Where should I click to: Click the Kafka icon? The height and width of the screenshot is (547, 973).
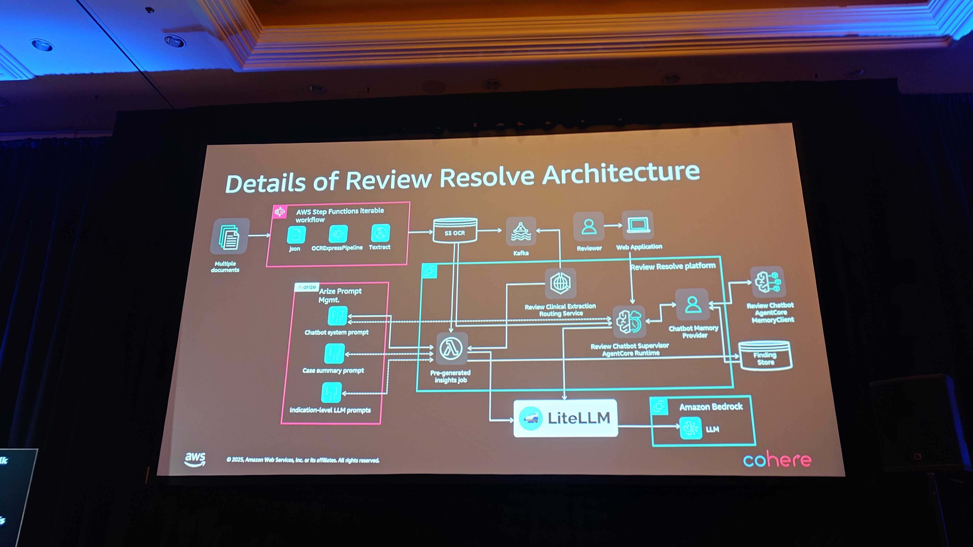tap(521, 231)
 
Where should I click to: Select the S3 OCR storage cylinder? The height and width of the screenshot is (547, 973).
tap(455, 231)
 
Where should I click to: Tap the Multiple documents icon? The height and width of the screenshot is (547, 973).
tap(229, 237)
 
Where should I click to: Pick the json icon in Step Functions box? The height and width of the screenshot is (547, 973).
tap(296, 235)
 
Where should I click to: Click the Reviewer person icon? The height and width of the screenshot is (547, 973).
tap(588, 227)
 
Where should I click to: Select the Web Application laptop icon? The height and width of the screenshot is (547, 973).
tap(638, 225)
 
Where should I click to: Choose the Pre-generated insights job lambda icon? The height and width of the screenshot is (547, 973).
tap(451, 348)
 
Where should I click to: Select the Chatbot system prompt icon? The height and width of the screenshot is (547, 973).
tap(337, 316)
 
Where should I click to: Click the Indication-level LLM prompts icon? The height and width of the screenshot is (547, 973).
tap(331, 393)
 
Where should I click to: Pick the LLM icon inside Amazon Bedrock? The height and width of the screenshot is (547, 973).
tap(691, 428)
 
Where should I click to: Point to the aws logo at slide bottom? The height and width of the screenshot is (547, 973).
tap(195, 459)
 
